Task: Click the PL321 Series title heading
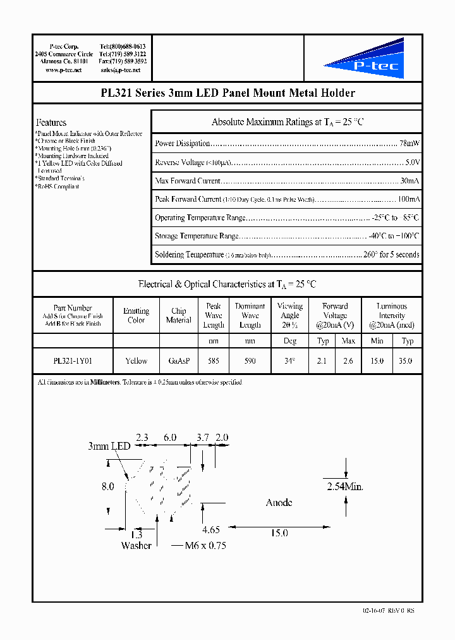point(227,93)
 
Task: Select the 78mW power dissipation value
point(409,144)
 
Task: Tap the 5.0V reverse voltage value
point(412,163)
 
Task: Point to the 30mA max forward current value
point(409,182)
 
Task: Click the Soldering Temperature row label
point(189,254)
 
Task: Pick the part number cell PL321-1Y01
point(73,360)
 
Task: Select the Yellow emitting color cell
point(136,360)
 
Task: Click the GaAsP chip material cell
point(178,360)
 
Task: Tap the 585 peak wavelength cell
point(214,360)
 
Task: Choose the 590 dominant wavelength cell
point(250,360)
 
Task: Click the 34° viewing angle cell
point(289,360)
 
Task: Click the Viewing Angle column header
point(289,315)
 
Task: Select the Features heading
point(51,123)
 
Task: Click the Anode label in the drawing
point(279,503)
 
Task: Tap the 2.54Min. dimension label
point(345,487)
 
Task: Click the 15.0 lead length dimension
point(279,533)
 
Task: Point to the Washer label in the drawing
point(136,545)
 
